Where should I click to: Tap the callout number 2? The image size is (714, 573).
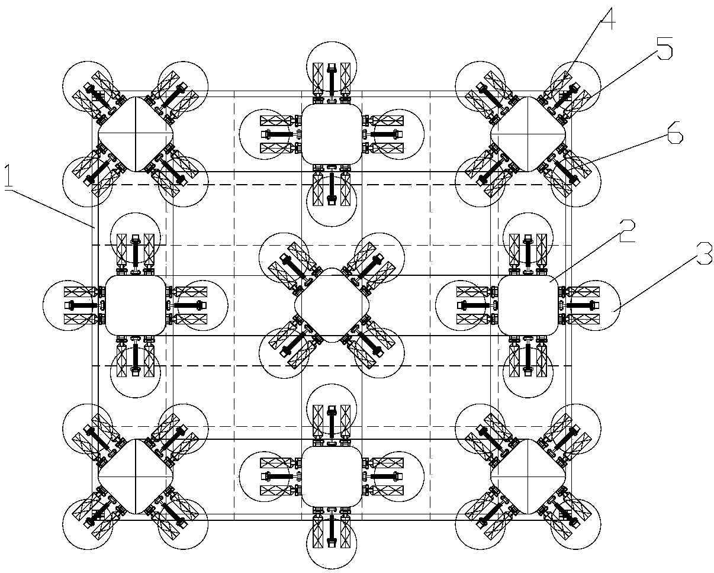coord(626,231)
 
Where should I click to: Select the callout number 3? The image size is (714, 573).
coord(704,254)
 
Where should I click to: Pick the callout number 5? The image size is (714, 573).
coord(664,49)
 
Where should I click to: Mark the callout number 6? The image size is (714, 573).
coord(675,133)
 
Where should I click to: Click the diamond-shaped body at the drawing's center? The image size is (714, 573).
coord(332,305)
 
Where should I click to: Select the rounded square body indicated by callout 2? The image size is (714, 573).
coord(528,305)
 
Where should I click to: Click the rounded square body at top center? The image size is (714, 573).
coord(332,134)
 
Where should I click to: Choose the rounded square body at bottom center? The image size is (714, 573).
coord(332,477)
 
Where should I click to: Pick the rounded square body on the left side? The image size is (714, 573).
coord(136,305)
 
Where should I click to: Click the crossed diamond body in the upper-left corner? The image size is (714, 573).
coord(136,134)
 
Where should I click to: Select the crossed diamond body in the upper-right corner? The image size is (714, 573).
coord(528,134)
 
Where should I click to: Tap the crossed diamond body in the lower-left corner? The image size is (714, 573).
coord(136,477)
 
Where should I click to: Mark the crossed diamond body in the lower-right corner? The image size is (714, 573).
coord(528,477)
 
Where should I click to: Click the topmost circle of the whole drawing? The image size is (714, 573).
coord(332,42)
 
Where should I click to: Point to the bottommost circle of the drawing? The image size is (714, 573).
coord(332,569)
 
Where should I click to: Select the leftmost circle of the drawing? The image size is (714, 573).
coord(43,305)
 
